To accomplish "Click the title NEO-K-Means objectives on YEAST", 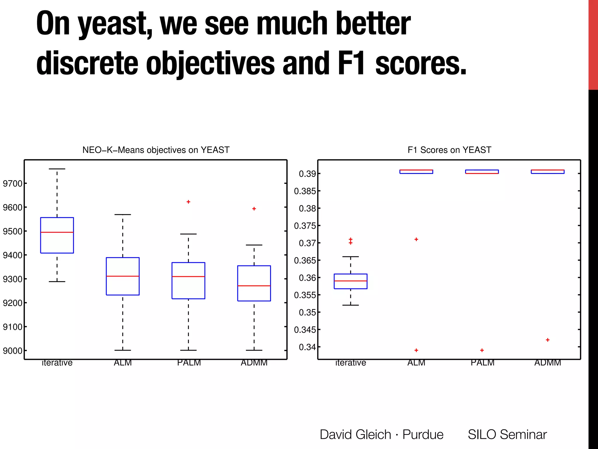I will tap(156, 150).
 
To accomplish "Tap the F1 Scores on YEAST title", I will tap(449, 150).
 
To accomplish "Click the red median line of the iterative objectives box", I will tap(57, 232).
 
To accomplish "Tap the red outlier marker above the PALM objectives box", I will tap(188, 202).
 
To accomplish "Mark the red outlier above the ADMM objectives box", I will tap(254, 209).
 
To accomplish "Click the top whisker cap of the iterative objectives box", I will tap(57, 169).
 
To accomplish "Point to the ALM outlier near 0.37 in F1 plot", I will tap(416, 239).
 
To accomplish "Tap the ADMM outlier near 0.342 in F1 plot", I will tap(548, 340).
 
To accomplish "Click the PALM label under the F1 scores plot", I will tap(482, 363).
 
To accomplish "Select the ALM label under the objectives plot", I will tap(123, 363).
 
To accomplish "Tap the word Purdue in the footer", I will tap(423, 434).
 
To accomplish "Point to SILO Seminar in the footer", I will tap(507, 434).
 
